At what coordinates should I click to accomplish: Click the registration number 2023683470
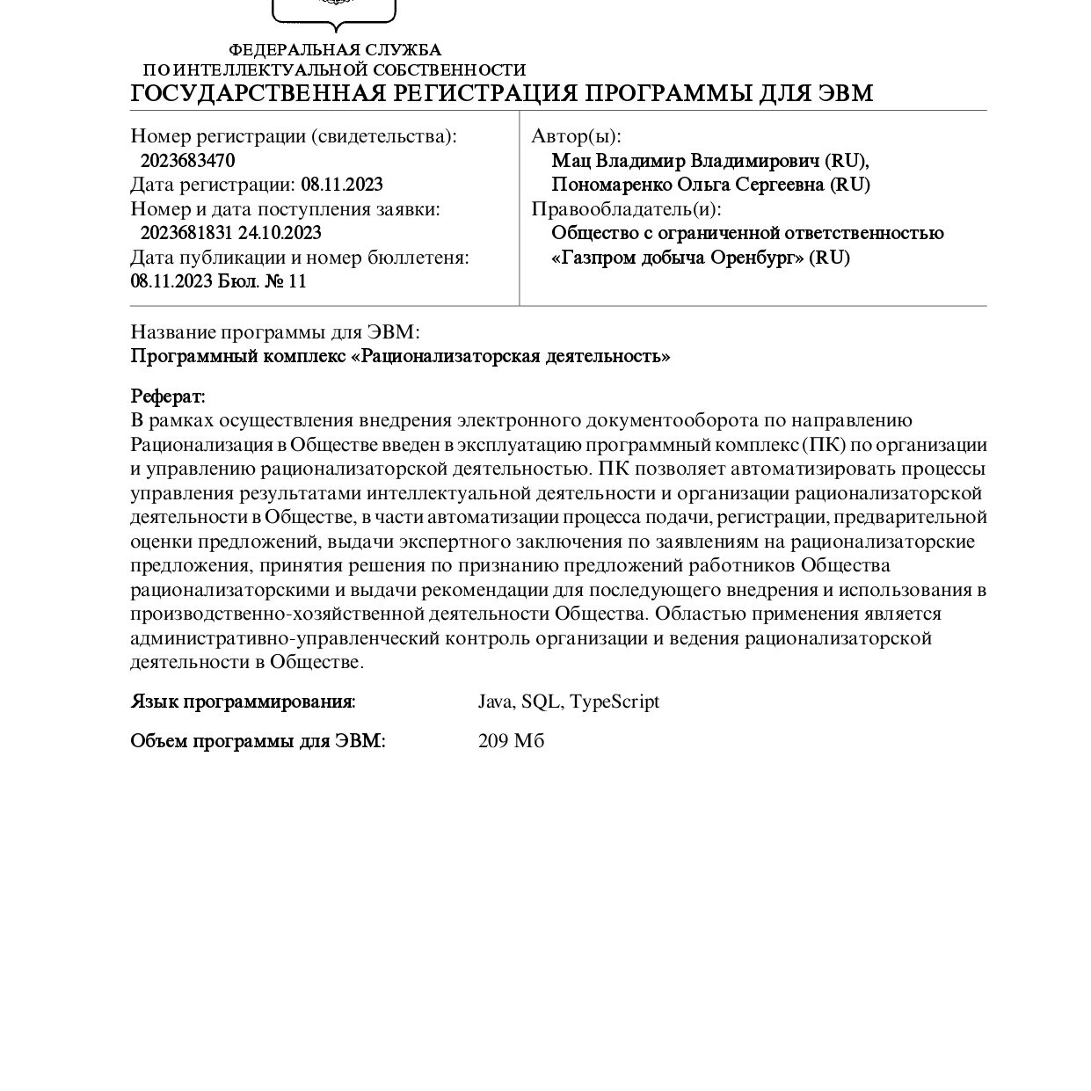[x=187, y=161]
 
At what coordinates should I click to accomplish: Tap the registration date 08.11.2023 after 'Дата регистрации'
[x=342, y=185]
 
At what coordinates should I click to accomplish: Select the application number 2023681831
[x=186, y=233]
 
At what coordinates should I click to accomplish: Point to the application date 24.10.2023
[x=280, y=233]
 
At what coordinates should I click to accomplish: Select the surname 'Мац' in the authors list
[x=565, y=161]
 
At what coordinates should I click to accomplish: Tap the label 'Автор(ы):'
[x=576, y=136]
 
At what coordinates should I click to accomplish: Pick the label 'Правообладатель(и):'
[x=626, y=209]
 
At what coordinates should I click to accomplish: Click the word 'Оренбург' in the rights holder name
[x=756, y=258]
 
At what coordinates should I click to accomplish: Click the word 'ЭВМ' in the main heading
[x=845, y=94]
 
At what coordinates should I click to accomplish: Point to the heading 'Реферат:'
[x=168, y=396]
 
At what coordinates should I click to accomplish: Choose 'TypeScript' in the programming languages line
[x=615, y=702]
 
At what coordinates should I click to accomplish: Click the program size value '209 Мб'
[x=511, y=741]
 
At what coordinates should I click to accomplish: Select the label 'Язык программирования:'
[x=243, y=702]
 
